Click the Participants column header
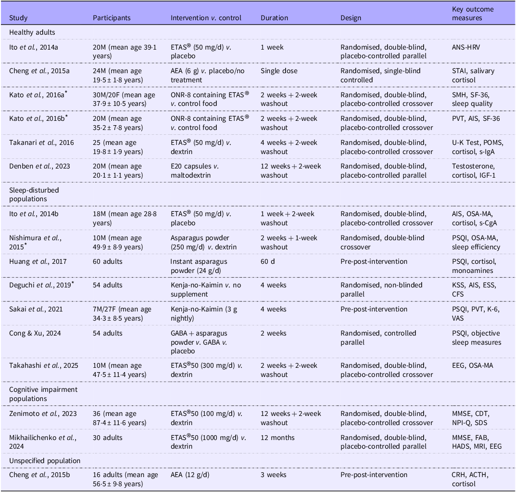pyautogui.click(x=112, y=18)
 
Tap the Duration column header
pyautogui.click(x=274, y=18)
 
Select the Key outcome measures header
pyautogui.click(x=473, y=13)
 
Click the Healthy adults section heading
pyautogui.click(x=32, y=32)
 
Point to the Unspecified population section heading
pyautogui.click(x=45, y=461)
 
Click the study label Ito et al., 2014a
pyautogui.click(x=34, y=47)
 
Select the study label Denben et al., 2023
pyautogui.click(x=39, y=166)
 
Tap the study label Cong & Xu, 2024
pyautogui.click(x=35, y=333)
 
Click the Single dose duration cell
pyautogui.click(x=279, y=71)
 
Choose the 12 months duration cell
pyautogui.click(x=277, y=438)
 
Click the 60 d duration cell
pyautogui.click(x=267, y=261)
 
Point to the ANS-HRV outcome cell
pyautogui.click(x=466, y=47)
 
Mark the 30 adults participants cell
pyautogui.click(x=108, y=438)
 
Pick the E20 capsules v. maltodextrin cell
pyautogui.click(x=194, y=171)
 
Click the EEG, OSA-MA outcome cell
pyautogui.click(x=473, y=365)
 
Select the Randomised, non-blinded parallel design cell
pyautogui.click(x=381, y=290)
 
